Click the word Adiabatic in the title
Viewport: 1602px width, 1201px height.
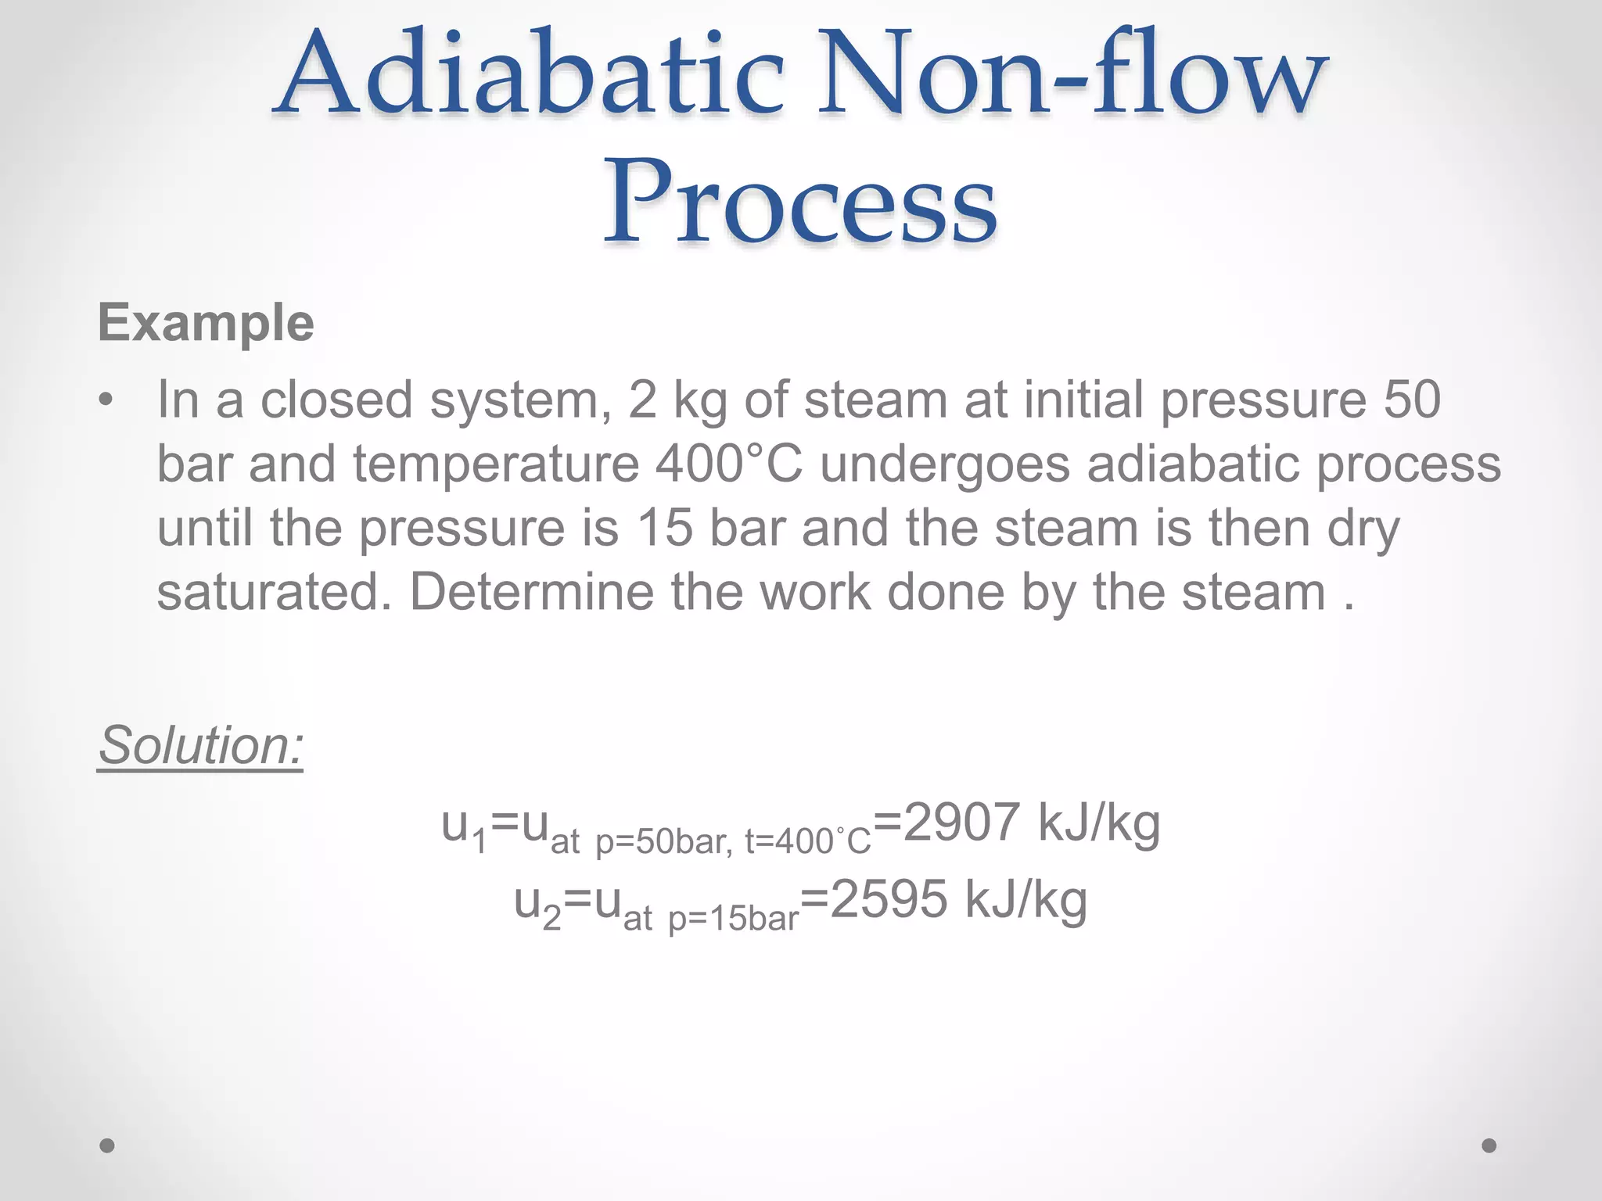tap(529, 75)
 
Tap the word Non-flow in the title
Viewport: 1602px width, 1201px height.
tap(1072, 75)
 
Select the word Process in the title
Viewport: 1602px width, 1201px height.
tap(799, 201)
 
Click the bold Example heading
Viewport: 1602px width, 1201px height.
tap(206, 323)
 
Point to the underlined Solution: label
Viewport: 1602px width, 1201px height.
tap(200, 745)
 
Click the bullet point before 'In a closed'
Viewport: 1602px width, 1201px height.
tap(106, 401)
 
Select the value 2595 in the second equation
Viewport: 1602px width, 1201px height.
tap(889, 900)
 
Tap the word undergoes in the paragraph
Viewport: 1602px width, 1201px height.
tap(944, 464)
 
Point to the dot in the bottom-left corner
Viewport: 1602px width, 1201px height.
tap(107, 1145)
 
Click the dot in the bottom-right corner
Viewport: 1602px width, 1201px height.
tap(1489, 1145)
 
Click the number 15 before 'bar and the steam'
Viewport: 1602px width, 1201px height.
tap(665, 528)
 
